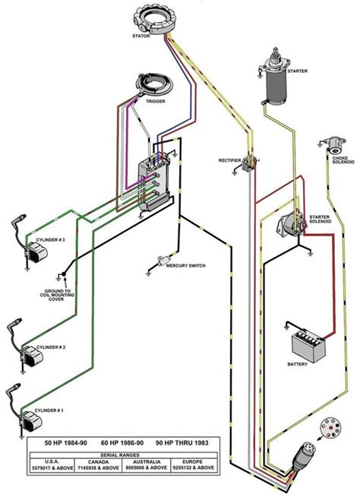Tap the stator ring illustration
point(149,16)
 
